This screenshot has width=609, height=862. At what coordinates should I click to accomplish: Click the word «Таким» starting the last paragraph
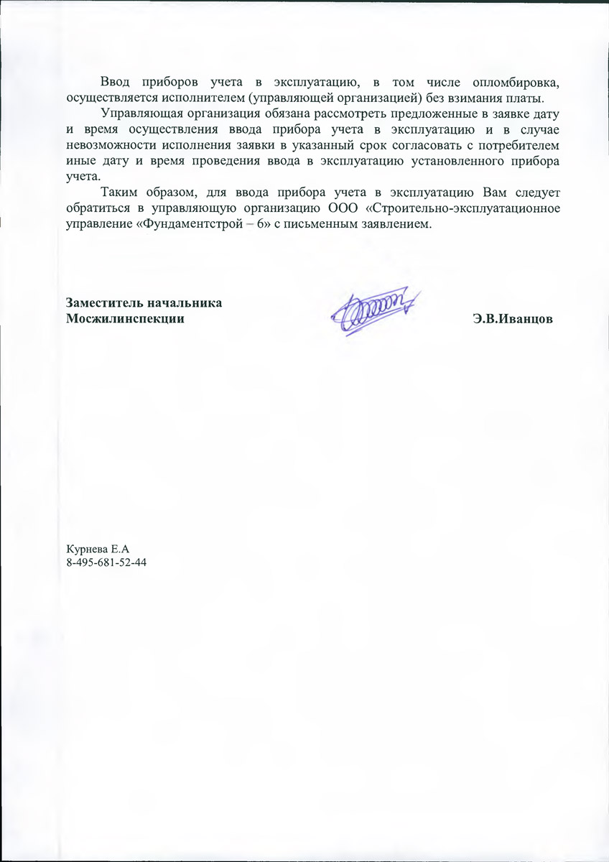coord(120,193)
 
